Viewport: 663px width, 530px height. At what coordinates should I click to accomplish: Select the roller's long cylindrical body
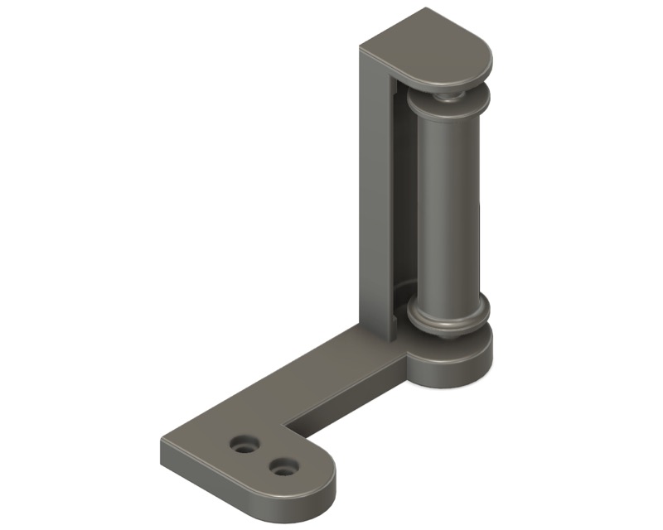[x=448, y=207]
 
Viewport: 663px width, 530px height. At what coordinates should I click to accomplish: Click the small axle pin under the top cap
[x=448, y=92]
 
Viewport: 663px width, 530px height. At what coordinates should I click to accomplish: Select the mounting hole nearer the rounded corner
[x=284, y=468]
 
